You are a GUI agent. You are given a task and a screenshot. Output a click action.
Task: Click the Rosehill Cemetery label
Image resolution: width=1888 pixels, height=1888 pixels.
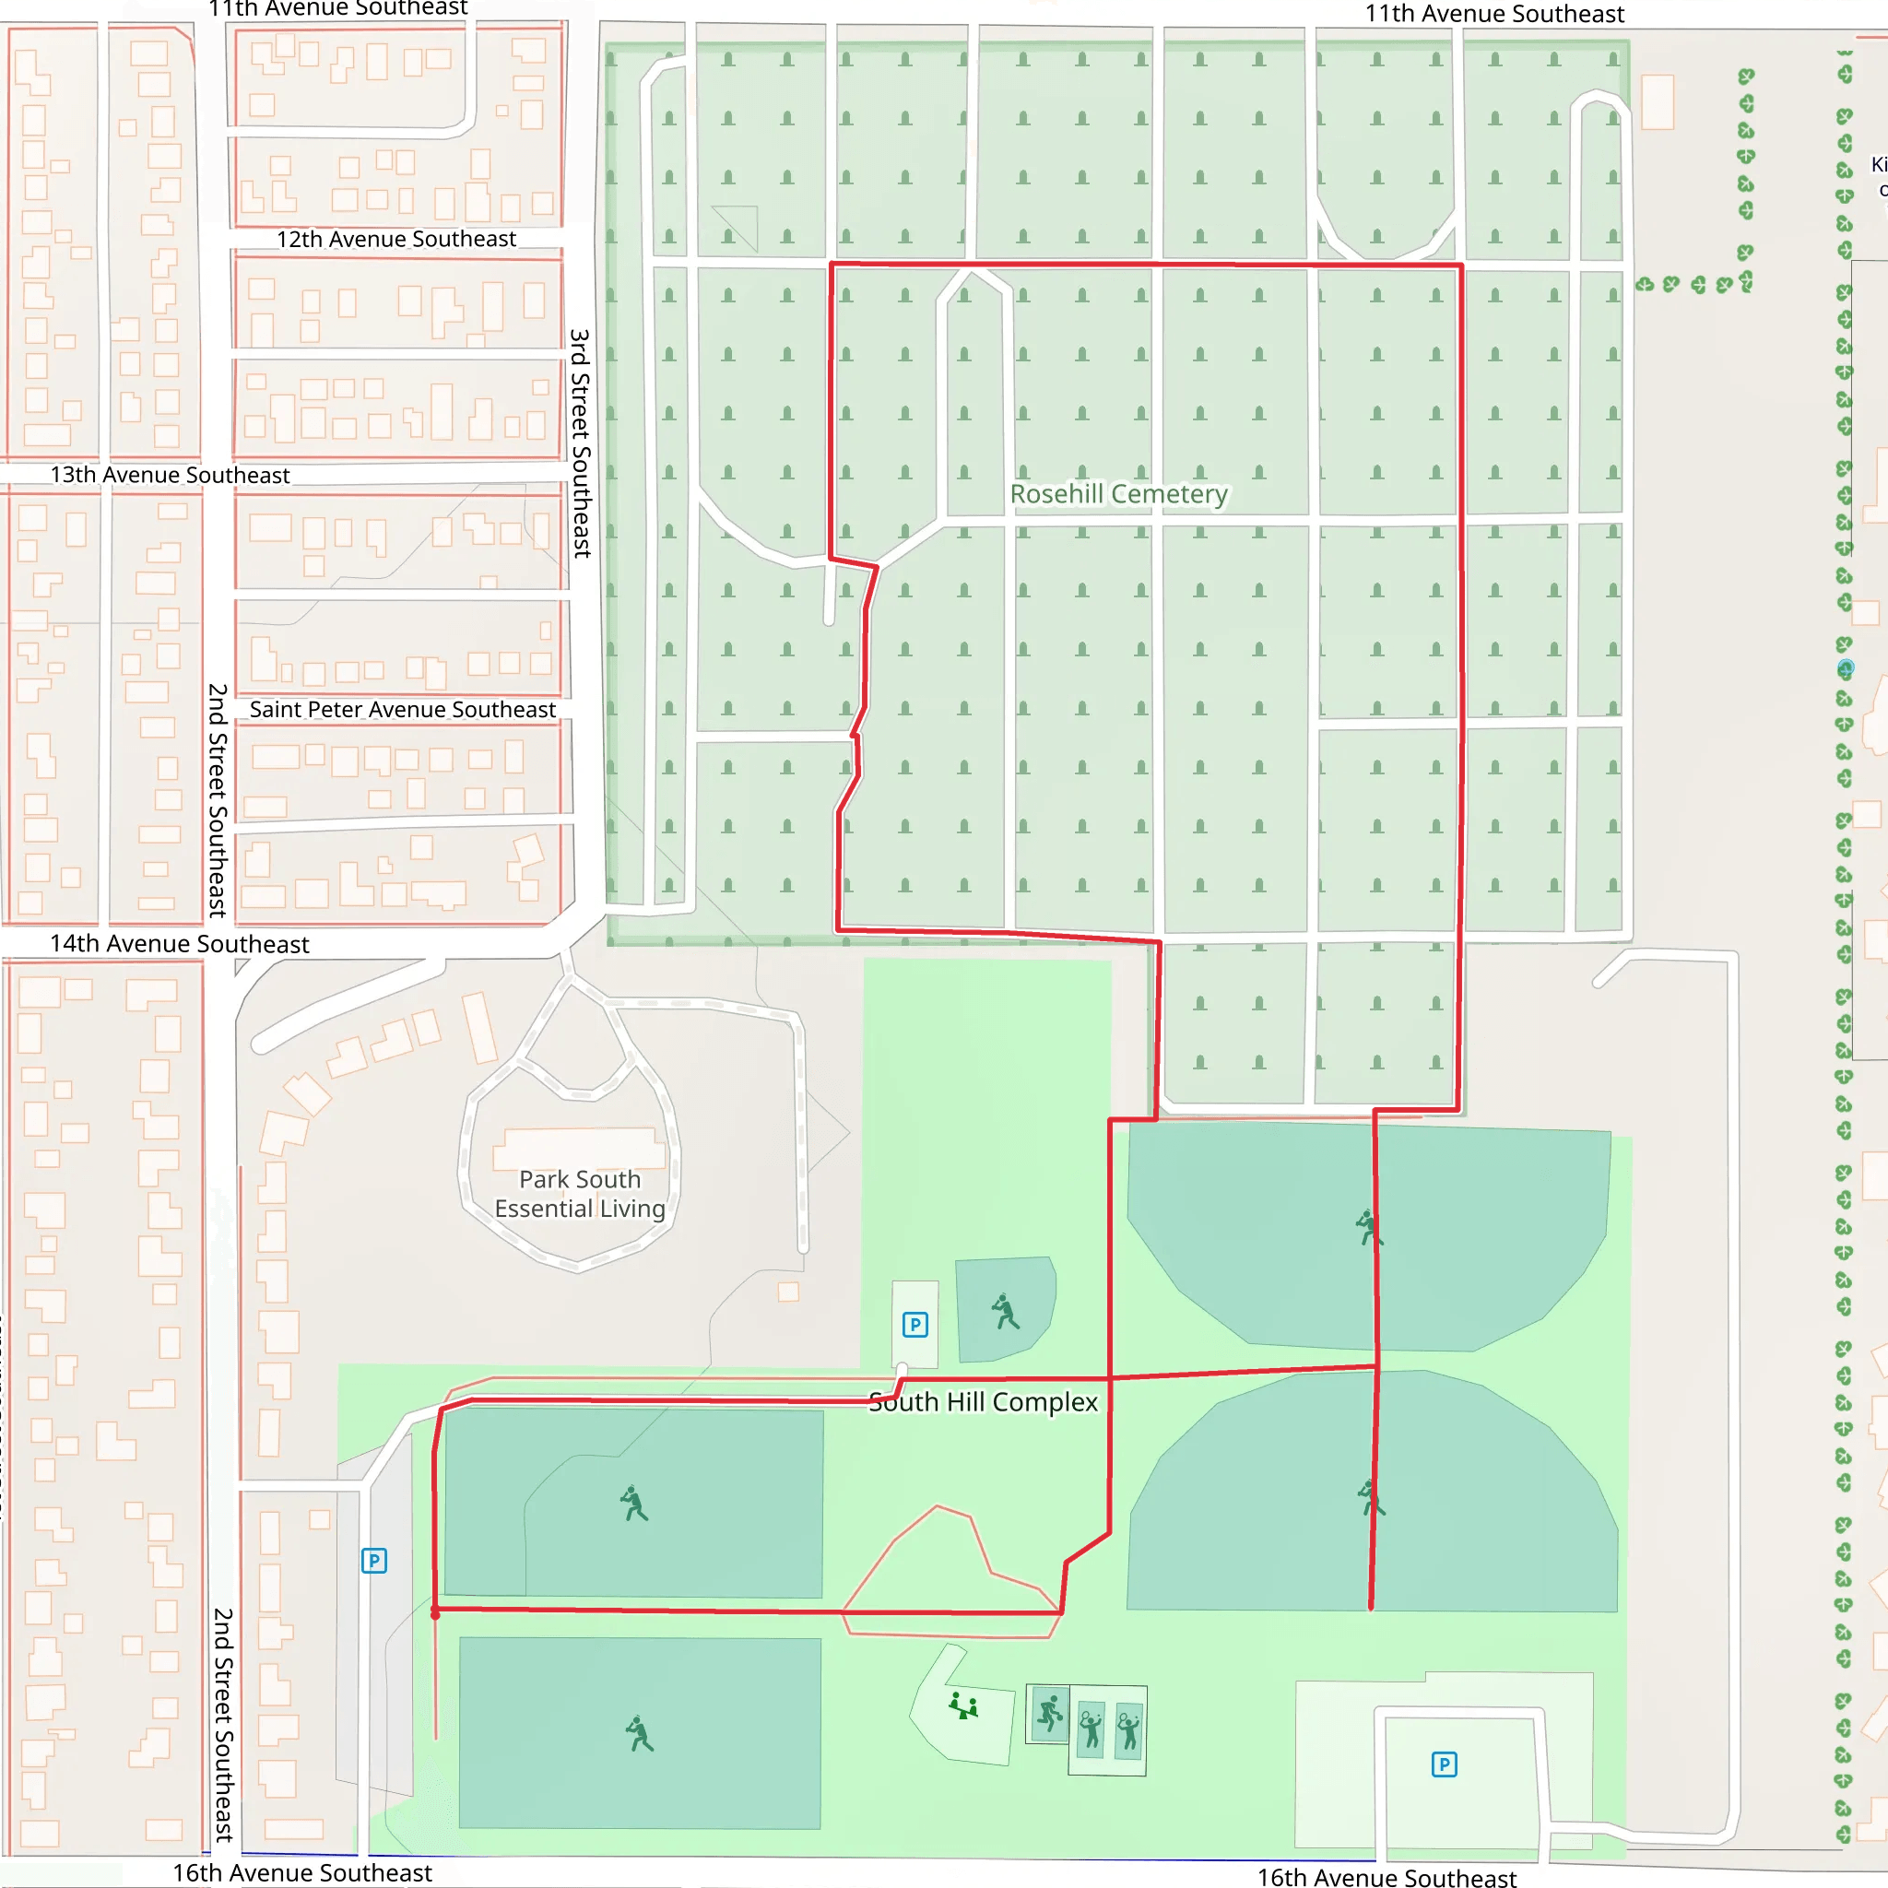point(1118,493)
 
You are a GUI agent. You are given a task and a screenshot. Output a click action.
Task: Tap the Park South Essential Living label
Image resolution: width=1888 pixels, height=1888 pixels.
point(580,1193)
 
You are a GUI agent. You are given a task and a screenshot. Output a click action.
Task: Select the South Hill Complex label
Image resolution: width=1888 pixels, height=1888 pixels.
point(983,1401)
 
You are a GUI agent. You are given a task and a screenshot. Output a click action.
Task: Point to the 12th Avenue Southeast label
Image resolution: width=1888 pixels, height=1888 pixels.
point(395,239)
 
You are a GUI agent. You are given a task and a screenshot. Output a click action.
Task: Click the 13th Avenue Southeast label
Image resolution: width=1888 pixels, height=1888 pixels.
point(170,475)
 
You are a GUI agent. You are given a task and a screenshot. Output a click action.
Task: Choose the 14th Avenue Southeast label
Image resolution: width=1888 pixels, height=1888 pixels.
point(180,943)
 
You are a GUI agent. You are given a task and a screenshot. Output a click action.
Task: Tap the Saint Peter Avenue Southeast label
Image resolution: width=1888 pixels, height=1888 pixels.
point(402,710)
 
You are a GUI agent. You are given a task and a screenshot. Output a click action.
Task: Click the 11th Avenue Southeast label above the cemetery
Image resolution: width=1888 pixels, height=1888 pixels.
point(1494,14)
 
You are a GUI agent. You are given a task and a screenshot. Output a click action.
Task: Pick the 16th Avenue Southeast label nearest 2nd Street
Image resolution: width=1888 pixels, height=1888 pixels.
point(302,1872)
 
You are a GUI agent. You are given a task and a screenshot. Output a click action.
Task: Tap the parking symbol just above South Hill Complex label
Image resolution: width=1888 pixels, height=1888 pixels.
point(914,1325)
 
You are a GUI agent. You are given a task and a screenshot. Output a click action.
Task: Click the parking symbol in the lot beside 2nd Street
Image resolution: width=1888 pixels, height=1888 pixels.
point(374,1561)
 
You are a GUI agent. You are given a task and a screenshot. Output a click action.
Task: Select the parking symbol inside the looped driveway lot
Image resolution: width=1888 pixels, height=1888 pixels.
point(1445,1764)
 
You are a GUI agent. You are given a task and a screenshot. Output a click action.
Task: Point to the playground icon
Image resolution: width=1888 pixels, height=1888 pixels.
point(963,1706)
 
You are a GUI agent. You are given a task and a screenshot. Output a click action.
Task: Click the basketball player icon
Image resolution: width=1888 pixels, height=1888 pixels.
point(1049,1713)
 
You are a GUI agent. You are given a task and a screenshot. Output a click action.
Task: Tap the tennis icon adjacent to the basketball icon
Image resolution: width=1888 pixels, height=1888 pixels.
point(1091,1729)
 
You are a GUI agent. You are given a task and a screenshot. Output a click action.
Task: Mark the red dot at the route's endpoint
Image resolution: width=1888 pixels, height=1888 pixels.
point(436,1614)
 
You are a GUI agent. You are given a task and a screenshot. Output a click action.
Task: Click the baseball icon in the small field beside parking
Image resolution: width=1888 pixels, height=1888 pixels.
point(1006,1312)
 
